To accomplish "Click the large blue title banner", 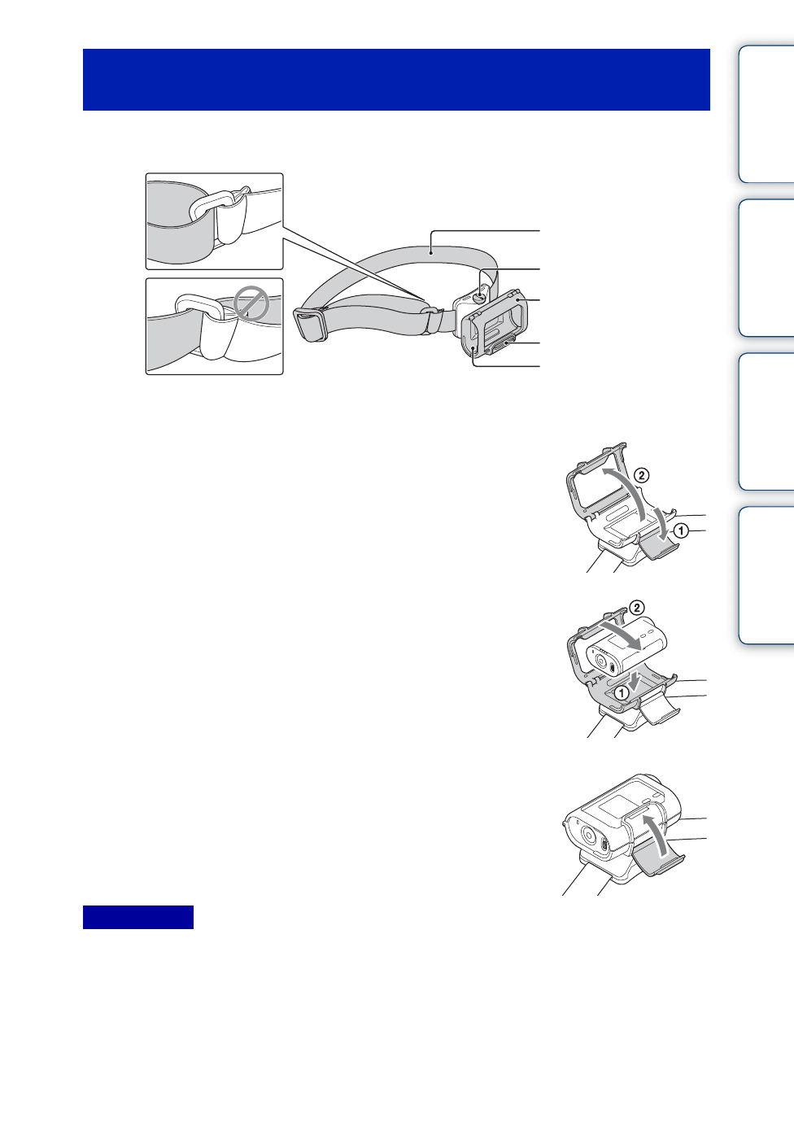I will click(x=396, y=80).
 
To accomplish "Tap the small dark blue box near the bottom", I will click(x=138, y=917).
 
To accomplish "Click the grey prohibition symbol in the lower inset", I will click(x=251, y=306).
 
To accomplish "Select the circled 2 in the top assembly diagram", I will click(x=641, y=474).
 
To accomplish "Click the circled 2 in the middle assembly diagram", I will click(x=637, y=608).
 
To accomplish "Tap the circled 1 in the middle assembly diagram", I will click(x=622, y=693).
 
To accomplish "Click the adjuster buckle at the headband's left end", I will click(x=311, y=325).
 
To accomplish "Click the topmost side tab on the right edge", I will click(x=767, y=114).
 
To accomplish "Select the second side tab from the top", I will click(x=767, y=268).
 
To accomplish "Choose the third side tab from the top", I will click(x=767, y=421).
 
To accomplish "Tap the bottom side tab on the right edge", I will click(x=767, y=575).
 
